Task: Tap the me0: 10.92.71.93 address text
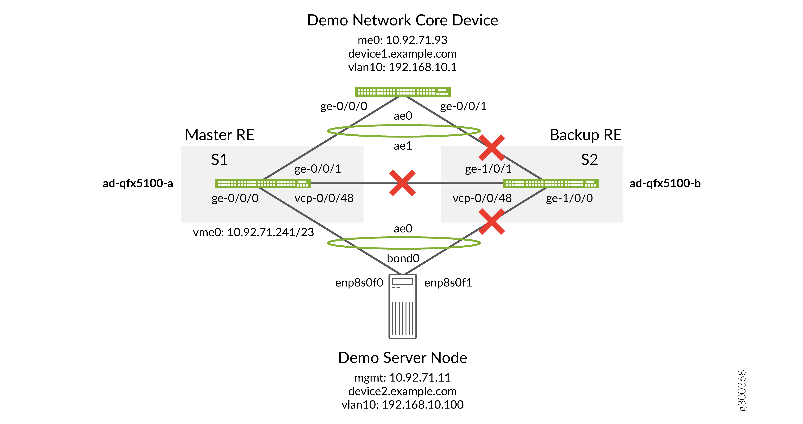tap(402, 40)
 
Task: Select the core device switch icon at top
tap(402, 92)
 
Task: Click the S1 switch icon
tap(263, 183)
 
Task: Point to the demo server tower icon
tap(402, 306)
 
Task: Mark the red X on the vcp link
tap(402, 183)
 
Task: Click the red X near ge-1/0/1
tap(491, 147)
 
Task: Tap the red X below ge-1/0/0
tap(491, 221)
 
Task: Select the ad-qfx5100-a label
tap(138, 183)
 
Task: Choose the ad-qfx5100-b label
tap(665, 183)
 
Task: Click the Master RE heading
tap(219, 135)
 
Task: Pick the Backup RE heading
tap(585, 135)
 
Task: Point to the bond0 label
tap(403, 258)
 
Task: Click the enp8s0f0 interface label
tap(359, 283)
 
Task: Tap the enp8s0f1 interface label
tap(448, 283)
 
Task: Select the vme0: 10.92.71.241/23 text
tap(253, 232)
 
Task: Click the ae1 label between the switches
tap(403, 146)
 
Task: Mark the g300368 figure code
tap(742, 391)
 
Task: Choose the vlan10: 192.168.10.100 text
tap(402, 405)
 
